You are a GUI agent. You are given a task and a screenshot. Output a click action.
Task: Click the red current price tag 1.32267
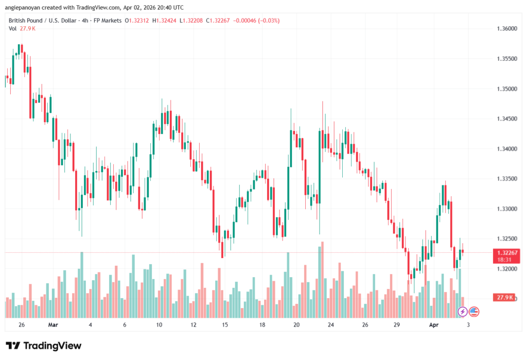click(504, 252)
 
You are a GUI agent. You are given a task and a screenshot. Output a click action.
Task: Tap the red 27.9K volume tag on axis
click(504, 298)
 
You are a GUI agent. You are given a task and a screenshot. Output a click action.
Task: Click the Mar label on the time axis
click(54, 325)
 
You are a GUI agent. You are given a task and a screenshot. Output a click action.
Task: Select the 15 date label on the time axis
click(225, 325)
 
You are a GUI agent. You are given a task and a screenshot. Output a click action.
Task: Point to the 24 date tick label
click(331, 325)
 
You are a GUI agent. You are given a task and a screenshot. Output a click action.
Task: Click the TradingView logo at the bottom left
click(43, 346)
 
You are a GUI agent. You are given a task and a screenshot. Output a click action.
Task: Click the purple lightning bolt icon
click(463, 311)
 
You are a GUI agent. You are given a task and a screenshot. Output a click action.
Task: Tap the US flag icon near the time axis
click(474, 311)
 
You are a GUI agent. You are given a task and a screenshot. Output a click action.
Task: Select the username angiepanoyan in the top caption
click(24, 7)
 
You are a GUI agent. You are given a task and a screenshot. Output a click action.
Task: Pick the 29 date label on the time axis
click(397, 325)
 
